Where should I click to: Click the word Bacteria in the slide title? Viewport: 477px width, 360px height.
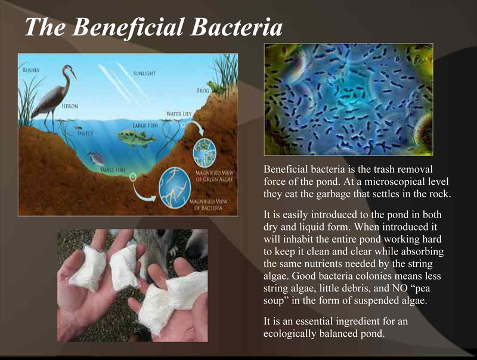(x=237, y=27)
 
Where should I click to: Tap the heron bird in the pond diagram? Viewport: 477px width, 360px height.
(x=54, y=98)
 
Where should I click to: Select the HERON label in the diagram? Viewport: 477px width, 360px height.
(x=70, y=106)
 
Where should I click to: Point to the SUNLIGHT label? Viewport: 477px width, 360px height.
(x=144, y=73)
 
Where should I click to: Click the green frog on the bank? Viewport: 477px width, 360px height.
(x=212, y=86)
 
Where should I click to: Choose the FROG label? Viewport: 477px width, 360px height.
(x=203, y=91)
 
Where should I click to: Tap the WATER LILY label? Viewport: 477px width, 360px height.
(x=179, y=114)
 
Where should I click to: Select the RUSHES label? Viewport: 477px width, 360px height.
(x=31, y=70)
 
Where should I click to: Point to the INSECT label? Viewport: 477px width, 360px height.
(x=85, y=134)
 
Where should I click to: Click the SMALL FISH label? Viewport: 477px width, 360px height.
(x=113, y=170)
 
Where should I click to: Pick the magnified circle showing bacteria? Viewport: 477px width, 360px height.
(x=175, y=188)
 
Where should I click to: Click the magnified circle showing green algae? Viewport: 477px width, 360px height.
(x=205, y=151)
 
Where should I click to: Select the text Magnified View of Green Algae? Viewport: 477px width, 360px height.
(x=214, y=176)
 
